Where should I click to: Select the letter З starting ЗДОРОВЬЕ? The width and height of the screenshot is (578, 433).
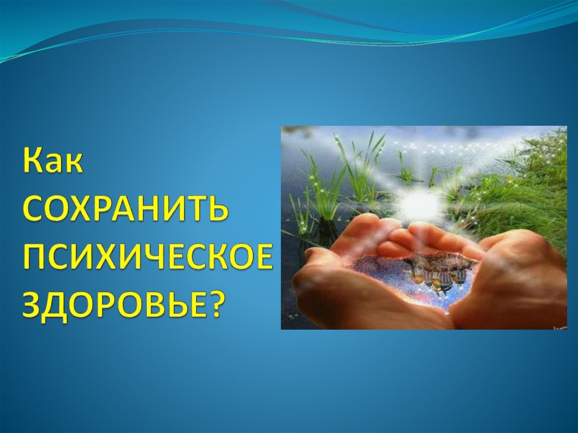(x=32, y=304)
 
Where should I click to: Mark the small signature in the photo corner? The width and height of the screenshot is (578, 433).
(x=559, y=327)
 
